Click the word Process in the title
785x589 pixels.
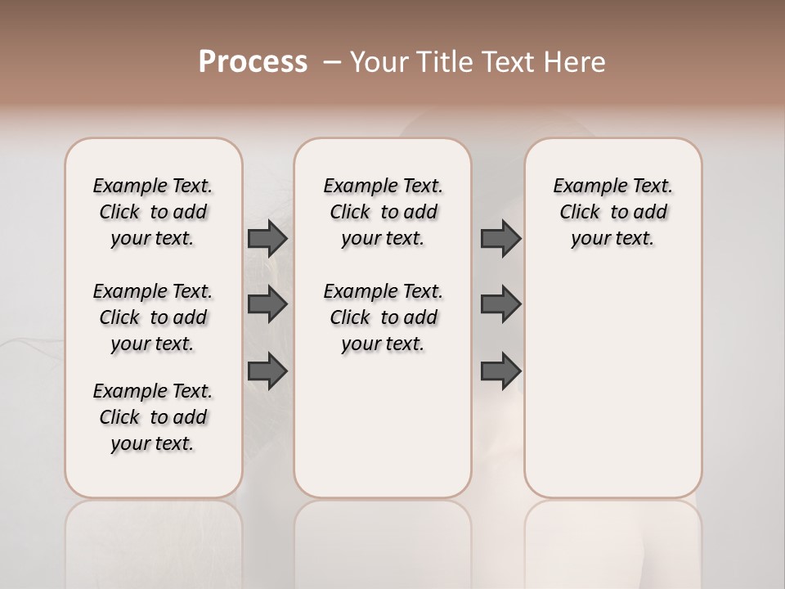(x=253, y=62)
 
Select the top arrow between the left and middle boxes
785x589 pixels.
(x=267, y=239)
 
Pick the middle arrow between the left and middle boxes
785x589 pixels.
(x=267, y=305)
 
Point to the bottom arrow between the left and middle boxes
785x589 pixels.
(x=267, y=371)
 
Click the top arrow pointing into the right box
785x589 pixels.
(x=500, y=239)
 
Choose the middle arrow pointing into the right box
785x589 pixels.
(x=500, y=305)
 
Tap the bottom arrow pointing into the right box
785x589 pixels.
(x=500, y=371)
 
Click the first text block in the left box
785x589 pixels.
(x=153, y=212)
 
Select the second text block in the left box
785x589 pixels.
(x=153, y=317)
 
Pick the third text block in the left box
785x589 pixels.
(x=153, y=417)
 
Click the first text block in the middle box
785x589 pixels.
(x=383, y=212)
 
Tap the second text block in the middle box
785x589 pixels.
(x=383, y=317)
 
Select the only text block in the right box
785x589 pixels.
(x=612, y=212)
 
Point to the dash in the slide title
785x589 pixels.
(x=332, y=62)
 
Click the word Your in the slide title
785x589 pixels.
(x=380, y=62)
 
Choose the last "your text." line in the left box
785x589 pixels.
(x=153, y=443)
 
